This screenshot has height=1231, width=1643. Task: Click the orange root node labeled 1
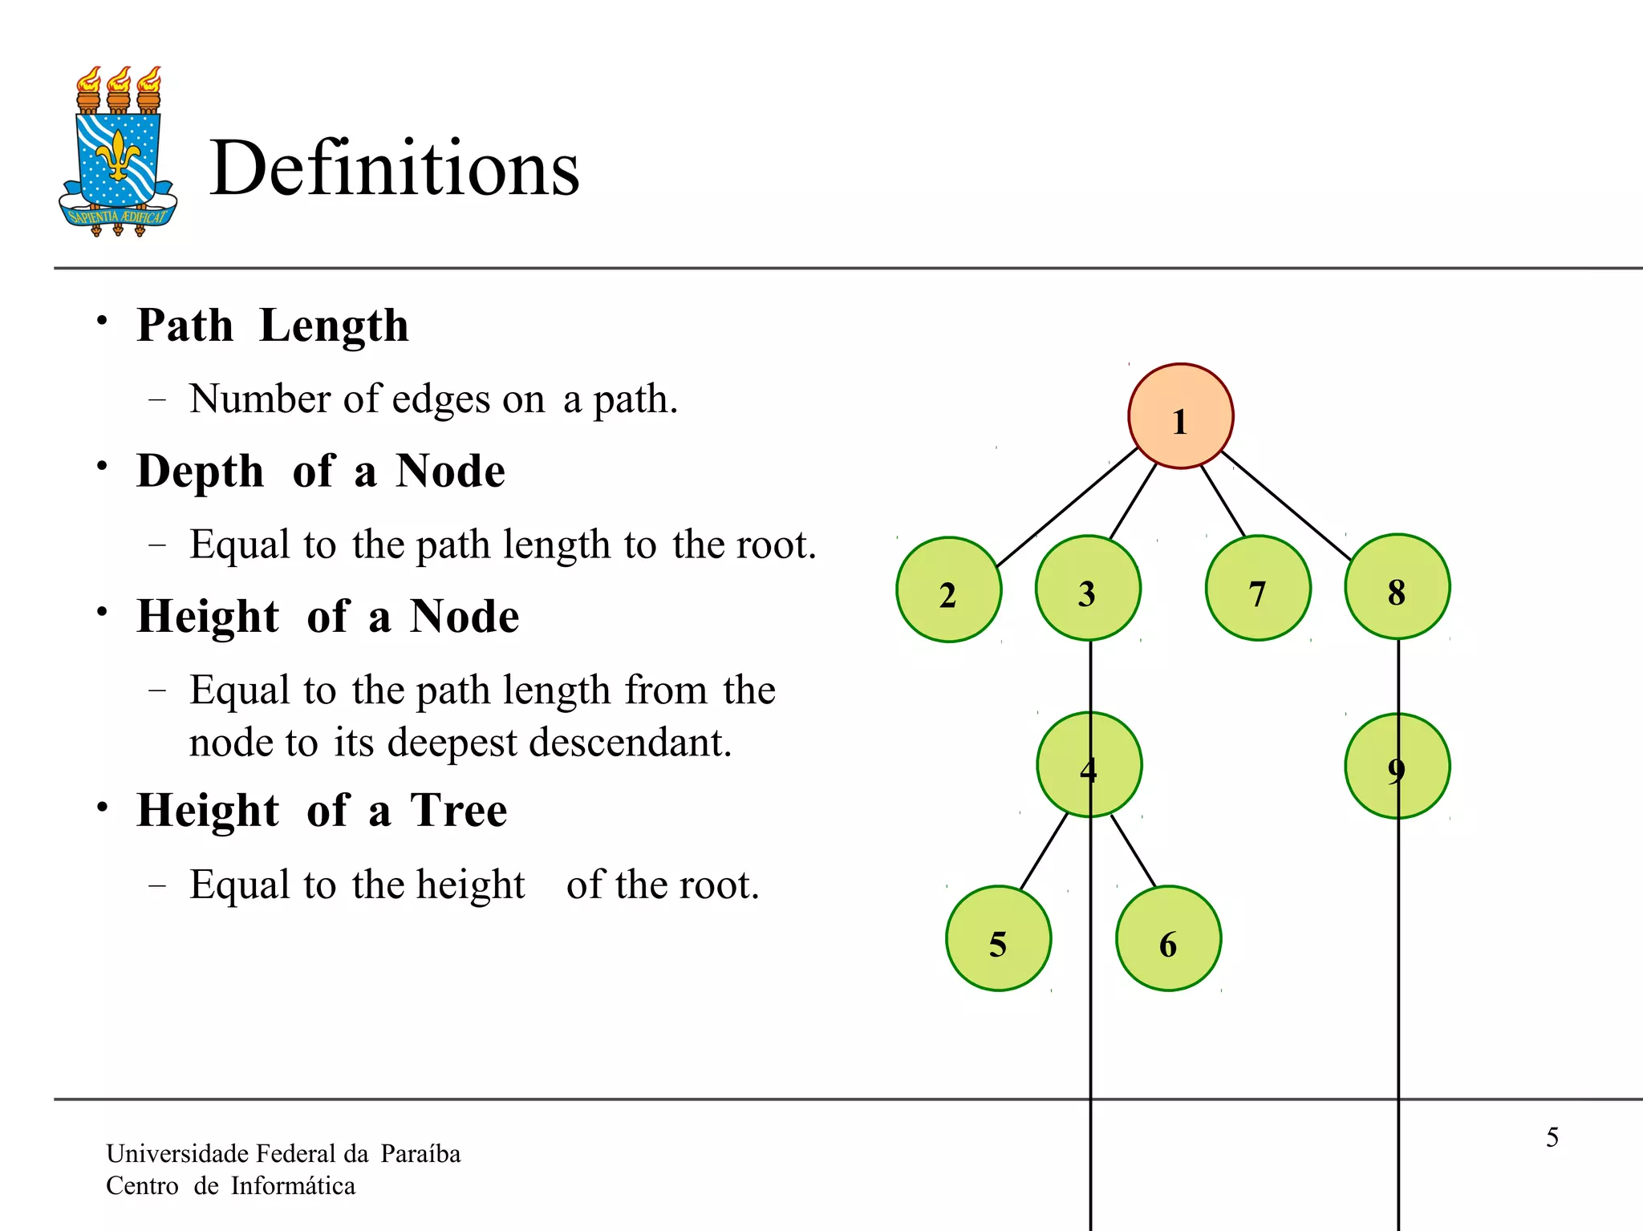1180,415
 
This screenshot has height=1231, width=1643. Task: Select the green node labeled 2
948,589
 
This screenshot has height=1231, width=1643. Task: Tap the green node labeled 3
1088,588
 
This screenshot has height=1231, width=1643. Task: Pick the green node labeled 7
1258,588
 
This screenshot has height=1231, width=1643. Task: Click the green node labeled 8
1397,586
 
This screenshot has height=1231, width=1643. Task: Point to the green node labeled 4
1089,764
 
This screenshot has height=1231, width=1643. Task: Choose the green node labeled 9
1397,766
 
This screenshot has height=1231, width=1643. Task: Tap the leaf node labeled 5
998,938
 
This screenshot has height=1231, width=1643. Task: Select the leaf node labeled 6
1168,938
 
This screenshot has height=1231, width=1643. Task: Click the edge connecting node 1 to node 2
1067,507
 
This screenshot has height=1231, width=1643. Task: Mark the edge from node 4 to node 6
1134,851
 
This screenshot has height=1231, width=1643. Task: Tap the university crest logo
118,152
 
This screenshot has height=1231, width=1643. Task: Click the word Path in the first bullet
185,326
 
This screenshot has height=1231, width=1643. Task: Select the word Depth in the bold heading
200,472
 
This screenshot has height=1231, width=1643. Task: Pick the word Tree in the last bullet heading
458,810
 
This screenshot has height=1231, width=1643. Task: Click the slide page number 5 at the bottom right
1552,1137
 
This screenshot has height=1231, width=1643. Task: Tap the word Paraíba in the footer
420,1153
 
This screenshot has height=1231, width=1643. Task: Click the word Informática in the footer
293,1185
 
